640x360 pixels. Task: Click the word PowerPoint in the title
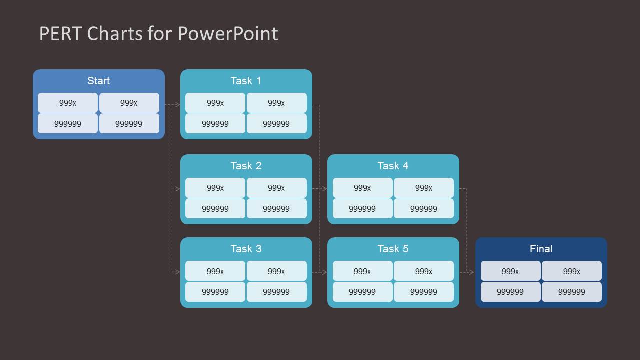228,34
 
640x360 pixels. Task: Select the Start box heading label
98,81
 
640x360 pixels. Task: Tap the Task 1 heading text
246,81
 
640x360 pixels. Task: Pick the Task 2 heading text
246,166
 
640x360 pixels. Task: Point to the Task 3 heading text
246,249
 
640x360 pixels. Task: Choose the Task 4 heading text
393,166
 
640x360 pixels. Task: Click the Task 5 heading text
393,249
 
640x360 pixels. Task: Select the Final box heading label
541,249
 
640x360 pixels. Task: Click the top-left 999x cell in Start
68,103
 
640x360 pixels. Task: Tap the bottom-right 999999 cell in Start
129,124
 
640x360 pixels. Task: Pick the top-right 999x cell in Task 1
276,103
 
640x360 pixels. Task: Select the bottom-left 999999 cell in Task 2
215,209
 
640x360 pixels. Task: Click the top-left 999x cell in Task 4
362,188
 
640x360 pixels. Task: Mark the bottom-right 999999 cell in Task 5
424,292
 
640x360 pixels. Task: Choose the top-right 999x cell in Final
572,271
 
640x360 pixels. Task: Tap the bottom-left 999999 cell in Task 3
215,292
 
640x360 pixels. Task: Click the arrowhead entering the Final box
471,272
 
